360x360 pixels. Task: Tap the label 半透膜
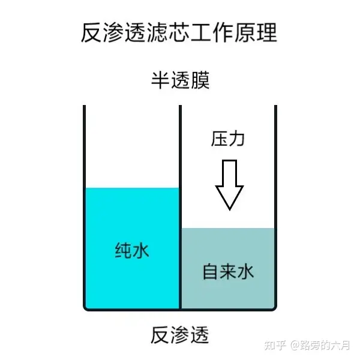[x=179, y=80]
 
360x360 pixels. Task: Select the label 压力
[x=228, y=140]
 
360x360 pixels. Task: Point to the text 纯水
[x=132, y=250]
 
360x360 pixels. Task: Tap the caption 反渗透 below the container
[x=179, y=334]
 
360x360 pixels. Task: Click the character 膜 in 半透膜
[x=199, y=80]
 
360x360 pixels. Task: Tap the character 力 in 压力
[x=238, y=140]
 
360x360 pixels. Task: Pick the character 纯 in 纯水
[x=123, y=250]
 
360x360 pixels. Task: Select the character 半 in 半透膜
[x=160, y=80]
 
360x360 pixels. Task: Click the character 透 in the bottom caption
[x=199, y=334]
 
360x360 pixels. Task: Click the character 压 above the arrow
[x=219, y=140]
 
